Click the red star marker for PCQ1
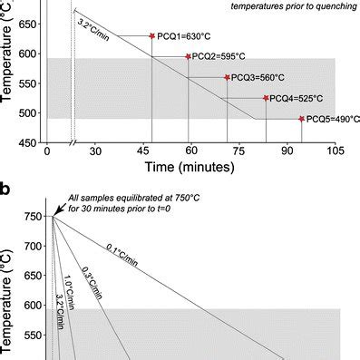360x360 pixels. click(152, 36)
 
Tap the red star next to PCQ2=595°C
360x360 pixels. click(189, 56)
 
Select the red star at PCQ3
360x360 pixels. click(227, 77)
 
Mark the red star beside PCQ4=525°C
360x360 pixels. click(266, 98)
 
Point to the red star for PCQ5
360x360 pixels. click(302, 119)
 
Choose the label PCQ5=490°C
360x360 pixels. click(328, 120)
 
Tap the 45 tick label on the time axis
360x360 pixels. click(151, 151)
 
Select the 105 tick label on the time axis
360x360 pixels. click(336, 151)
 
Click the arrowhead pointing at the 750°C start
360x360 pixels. click(54, 215)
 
